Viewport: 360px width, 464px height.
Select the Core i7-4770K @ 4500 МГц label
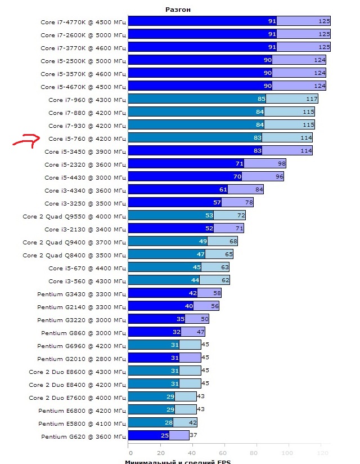click(83, 21)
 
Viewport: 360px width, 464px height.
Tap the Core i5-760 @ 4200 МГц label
click(87, 138)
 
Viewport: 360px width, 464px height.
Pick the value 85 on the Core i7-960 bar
click(261, 99)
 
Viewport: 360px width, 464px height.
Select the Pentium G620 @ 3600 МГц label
click(82, 436)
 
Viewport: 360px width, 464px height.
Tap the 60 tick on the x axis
click(226, 453)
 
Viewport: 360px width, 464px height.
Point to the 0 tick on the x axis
click(130, 453)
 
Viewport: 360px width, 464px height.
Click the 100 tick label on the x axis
click(289, 453)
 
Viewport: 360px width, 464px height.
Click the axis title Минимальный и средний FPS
click(177, 462)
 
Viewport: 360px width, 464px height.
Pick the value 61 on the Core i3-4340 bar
click(223, 190)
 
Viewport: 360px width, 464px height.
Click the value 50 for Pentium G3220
click(205, 319)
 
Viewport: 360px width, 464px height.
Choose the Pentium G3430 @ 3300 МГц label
click(82, 293)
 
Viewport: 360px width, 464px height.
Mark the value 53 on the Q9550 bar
click(209, 216)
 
